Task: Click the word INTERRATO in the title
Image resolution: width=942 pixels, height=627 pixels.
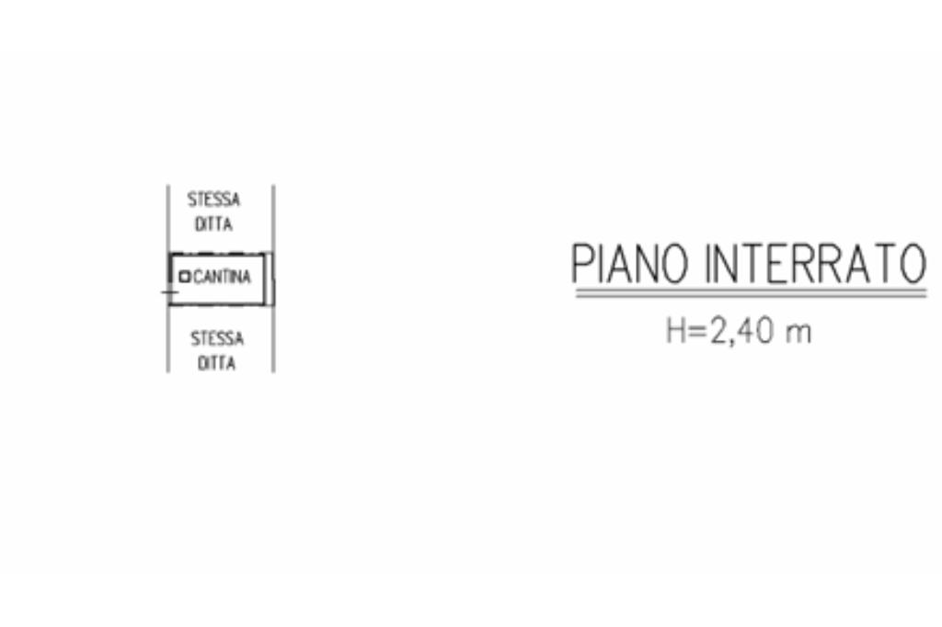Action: tap(814, 264)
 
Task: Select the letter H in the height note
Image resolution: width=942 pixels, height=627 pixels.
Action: tap(676, 331)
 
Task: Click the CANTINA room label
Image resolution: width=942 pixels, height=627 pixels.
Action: tap(221, 277)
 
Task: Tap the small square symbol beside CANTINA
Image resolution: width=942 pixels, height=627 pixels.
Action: tap(184, 276)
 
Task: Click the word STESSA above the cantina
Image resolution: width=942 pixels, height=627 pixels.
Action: tap(213, 199)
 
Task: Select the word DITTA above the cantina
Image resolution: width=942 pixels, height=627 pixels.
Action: tap(213, 225)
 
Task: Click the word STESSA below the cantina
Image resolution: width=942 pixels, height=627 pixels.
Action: tap(217, 338)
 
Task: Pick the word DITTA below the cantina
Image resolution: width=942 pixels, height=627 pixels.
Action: tap(217, 364)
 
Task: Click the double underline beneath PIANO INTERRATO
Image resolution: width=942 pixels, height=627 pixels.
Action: tap(750, 293)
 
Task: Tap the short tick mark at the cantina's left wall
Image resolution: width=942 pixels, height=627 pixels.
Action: tap(168, 292)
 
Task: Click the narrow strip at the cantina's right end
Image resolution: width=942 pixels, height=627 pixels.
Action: tap(270, 279)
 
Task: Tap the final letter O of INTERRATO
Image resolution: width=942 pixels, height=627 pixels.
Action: tap(911, 264)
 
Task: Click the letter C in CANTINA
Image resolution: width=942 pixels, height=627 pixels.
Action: tap(196, 277)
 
